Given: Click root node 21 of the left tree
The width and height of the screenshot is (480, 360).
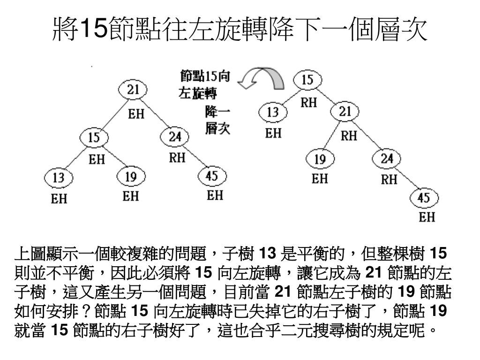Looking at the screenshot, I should click(134, 90).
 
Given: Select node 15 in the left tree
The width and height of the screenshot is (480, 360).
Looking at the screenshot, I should click(94, 138).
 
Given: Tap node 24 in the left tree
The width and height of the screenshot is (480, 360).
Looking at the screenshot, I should click(174, 137).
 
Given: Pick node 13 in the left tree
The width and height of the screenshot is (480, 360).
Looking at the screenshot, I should click(59, 178).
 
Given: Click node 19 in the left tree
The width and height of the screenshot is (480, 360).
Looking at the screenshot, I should click(131, 177).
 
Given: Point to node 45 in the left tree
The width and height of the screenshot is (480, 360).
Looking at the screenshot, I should click(212, 176).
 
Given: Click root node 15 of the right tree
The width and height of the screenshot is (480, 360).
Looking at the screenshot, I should click(307, 80).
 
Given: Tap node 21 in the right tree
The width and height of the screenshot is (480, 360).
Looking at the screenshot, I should click(345, 112).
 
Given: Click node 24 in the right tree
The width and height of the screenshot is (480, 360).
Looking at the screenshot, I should click(387, 158).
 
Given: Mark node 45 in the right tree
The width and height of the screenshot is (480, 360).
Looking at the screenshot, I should click(424, 198).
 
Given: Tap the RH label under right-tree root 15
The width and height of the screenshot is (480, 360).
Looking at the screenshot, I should click(309, 103).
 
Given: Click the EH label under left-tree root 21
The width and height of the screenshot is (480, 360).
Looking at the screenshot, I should click(136, 114).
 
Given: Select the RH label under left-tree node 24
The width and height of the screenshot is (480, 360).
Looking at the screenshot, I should click(177, 158).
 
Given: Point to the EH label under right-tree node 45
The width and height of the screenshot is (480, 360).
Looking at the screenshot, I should click(427, 217).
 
